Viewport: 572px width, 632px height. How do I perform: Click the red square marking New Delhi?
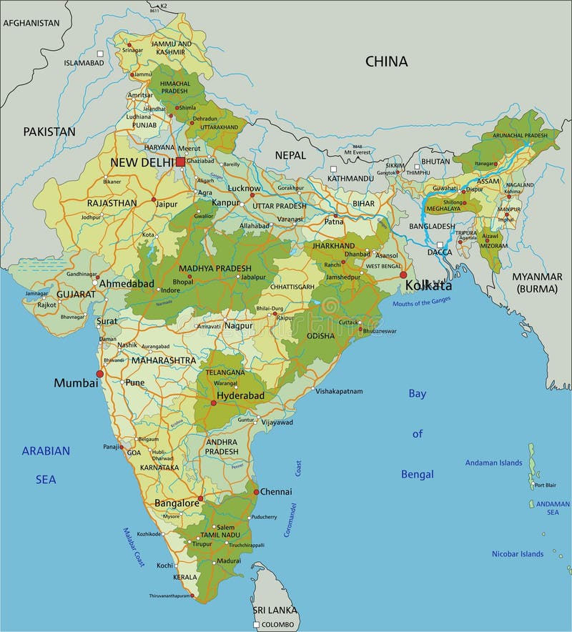tap(180, 162)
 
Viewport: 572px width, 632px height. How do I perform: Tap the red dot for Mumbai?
tap(100, 374)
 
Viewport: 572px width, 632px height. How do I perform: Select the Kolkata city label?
tap(428, 286)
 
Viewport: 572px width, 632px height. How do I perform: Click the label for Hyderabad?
tap(240, 395)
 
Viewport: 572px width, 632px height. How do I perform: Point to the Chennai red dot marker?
tap(256, 492)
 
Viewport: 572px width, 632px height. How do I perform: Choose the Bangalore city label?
tap(177, 503)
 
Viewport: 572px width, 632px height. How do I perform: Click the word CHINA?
tap(386, 61)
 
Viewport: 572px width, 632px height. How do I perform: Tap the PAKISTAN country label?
tap(49, 132)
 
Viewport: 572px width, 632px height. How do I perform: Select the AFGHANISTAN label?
tap(31, 23)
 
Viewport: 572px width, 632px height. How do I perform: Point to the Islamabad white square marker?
tap(101, 54)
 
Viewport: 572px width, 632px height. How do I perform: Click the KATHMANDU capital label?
tap(350, 178)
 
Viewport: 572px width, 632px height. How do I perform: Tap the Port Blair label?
tap(545, 485)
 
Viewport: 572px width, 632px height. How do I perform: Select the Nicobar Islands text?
tap(517, 553)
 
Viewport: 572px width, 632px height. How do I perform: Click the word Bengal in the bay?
tap(417, 474)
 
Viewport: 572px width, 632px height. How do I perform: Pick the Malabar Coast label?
tap(134, 547)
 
